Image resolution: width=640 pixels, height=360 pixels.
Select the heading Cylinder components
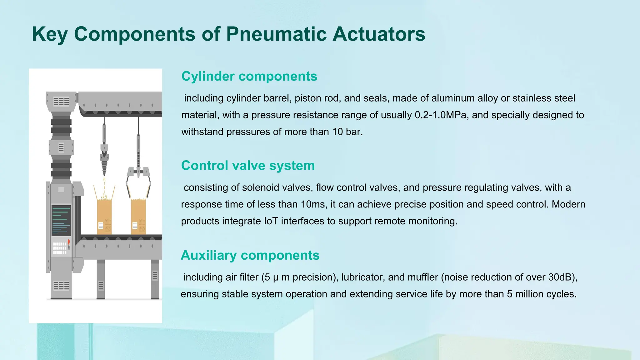point(249,76)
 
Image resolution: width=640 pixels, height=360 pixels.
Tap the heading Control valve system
point(248,166)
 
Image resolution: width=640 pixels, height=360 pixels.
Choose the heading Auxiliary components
point(250,255)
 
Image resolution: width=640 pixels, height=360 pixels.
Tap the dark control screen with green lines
point(61,220)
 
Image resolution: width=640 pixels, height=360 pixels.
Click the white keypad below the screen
point(59,248)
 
